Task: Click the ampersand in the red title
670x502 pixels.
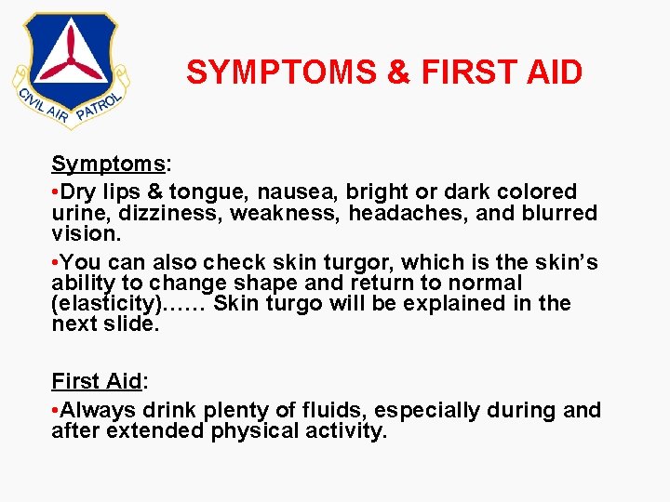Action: tap(397, 73)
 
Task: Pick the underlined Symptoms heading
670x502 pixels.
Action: tap(108, 165)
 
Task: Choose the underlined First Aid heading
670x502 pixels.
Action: tap(96, 381)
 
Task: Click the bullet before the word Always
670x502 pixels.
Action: tap(56, 410)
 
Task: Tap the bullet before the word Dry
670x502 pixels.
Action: tap(56, 192)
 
